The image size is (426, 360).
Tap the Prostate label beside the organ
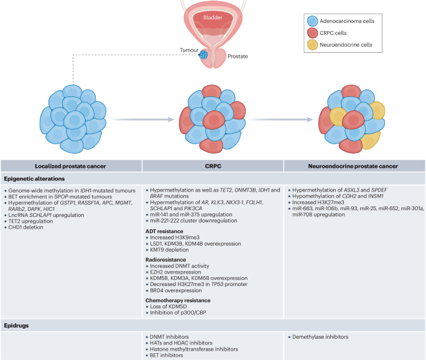238,57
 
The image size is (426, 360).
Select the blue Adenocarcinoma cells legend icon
312,21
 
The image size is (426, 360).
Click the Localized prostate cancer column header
70,166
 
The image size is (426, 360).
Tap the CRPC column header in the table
213,166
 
